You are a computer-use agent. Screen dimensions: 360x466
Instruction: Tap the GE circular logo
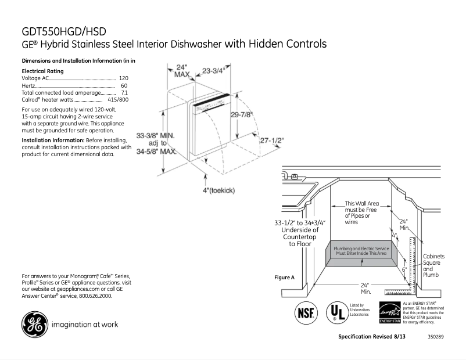coord(35,325)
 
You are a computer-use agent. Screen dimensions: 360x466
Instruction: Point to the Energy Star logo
coord(389,312)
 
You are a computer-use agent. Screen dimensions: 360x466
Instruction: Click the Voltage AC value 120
coord(123,78)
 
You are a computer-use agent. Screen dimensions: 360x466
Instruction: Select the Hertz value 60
coord(124,85)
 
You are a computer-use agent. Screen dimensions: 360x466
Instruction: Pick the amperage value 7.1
coord(124,92)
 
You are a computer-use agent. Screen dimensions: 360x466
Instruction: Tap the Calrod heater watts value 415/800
coord(118,100)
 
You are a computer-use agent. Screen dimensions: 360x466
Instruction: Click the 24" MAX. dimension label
coord(183,71)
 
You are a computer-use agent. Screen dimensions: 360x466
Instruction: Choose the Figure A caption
coord(284,278)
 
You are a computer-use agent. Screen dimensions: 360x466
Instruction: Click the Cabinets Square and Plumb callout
coord(433,265)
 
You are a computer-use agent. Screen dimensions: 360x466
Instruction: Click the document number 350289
coord(435,337)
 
